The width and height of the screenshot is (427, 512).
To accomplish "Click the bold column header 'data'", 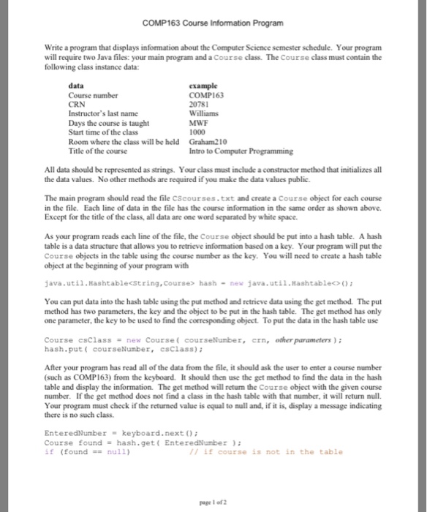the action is click(x=75, y=86).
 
